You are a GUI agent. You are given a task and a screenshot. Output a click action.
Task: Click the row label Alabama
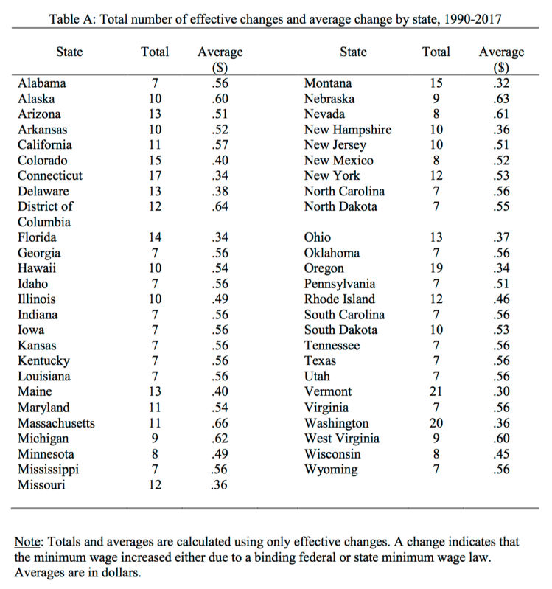42,83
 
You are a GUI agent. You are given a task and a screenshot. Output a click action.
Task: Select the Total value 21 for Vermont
436,391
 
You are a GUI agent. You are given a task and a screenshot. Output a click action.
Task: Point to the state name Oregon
324,268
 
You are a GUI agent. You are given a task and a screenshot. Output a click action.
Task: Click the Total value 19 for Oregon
436,268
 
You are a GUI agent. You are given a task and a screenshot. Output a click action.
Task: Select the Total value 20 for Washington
436,422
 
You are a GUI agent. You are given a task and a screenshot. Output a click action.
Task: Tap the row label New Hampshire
348,130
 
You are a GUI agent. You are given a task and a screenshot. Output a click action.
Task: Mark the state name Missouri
42,484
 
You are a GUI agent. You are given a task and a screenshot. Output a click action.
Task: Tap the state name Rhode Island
340,299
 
